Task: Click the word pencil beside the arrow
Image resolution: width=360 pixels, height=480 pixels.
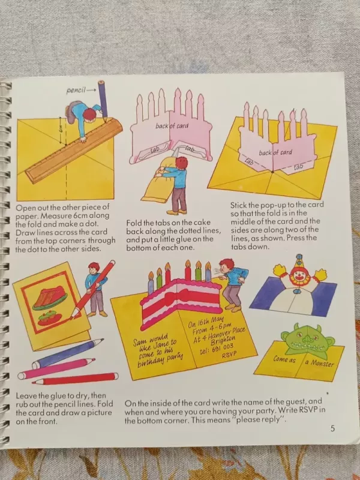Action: pyautogui.click(x=76, y=91)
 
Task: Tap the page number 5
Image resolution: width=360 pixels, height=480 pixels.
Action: pyautogui.click(x=333, y=428)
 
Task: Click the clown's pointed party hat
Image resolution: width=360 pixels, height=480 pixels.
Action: pyautogui.click(x=299, y=262)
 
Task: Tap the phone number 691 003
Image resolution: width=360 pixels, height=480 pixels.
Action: pyautogui.click(x=223, y=347)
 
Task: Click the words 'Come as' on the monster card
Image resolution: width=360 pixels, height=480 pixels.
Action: pyautogui.click(x=284, y=359)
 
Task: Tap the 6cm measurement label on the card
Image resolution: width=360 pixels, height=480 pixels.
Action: pyautogui.click(x=61, y=130)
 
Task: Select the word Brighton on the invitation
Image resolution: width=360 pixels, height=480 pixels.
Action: pyautogui.click(x=223, y=340)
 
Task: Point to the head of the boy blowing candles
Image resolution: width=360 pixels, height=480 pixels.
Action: pyautogui.click(x=227, y=265)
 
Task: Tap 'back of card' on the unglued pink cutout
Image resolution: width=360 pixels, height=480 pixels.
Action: pyautogui.click(x=172, y=125)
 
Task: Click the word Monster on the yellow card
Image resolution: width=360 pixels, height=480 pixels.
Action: pyautogui.click(x=322, y=363)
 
